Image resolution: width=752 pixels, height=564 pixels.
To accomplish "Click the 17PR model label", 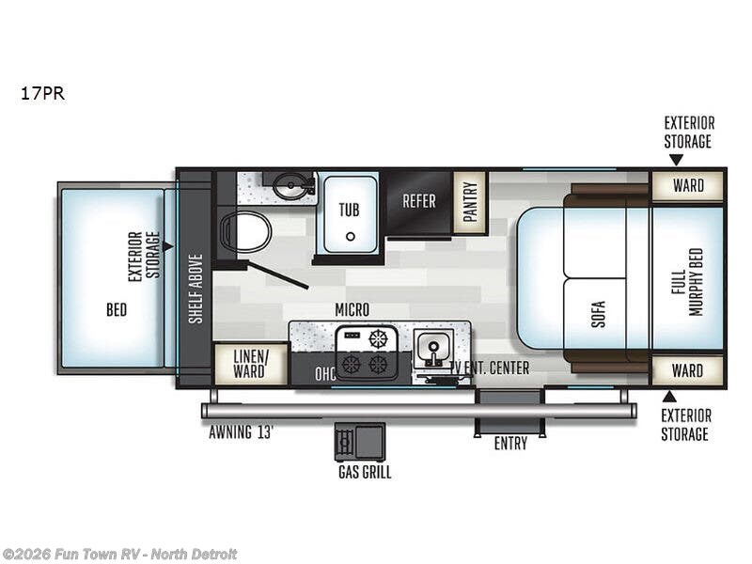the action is [x=42, y=93].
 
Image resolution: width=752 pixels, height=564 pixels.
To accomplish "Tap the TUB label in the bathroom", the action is [x=349, y=210].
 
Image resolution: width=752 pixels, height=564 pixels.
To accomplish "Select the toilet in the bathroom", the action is [x=244, y=232].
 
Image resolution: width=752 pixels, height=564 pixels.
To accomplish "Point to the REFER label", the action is [x=418, y=201].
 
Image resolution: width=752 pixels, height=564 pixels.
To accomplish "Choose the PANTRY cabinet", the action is [x=471, y=202].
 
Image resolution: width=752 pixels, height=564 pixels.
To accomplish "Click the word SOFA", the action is [x=598, y=314].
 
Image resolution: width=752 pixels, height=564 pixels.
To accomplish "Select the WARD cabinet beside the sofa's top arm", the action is [x=687, y=185].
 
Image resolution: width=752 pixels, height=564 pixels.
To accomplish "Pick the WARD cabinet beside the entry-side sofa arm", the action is [x=687, y=370].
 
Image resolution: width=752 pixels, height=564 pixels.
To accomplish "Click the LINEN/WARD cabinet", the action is [x=249, y=364].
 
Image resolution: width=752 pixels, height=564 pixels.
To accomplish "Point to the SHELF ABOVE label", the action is [x=196, y=289].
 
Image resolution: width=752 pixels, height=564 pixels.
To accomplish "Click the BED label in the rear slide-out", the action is [x=117, y=310].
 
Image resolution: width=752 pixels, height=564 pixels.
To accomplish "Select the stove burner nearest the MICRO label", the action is [x=378, y=338].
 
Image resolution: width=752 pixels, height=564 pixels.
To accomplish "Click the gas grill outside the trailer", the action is [x=360, y=442].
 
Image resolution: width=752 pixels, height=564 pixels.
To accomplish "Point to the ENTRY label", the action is [x=510, y=444].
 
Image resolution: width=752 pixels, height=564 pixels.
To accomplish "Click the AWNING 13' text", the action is [x=241, y=432].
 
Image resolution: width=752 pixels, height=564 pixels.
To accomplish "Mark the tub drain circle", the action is [x=351, y=237].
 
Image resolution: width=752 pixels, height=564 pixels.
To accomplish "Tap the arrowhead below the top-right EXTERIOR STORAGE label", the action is [x=676, y=160].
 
